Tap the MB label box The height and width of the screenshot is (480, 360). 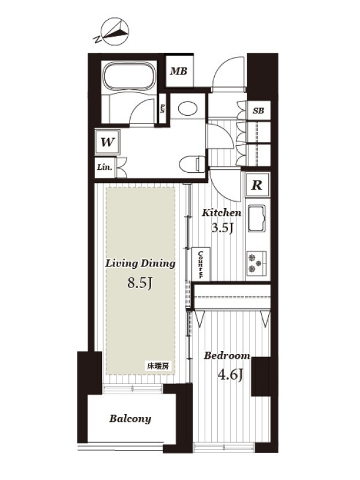tap(179, 71)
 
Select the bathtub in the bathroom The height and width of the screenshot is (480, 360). tap(128, 77)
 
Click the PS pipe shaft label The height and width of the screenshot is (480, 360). tap(162, 107)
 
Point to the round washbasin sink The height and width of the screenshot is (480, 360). tap(187, 108)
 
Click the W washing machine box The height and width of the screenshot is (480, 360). tap(107, 142)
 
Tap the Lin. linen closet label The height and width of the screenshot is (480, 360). tap(104, 167)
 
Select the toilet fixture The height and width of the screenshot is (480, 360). tap(191, 163)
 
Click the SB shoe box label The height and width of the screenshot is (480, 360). tap(259, 110)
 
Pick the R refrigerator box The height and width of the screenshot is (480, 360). tap(257, 185)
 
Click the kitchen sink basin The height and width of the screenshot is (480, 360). tap(257, 218)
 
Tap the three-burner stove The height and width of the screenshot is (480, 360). tap(257, 263)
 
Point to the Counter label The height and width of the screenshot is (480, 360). tap(201, 265)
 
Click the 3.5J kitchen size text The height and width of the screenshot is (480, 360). tap(223, 227)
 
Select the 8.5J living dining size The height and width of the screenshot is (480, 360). tap(140, 283)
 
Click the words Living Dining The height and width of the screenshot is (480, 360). tap(140, 263)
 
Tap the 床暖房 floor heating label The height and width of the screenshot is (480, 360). tap(158, 366)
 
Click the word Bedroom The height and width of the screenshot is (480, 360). tap(227, 356)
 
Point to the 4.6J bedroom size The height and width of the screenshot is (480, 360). tap(230, 374)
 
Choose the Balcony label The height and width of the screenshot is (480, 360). tap(130, 418)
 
